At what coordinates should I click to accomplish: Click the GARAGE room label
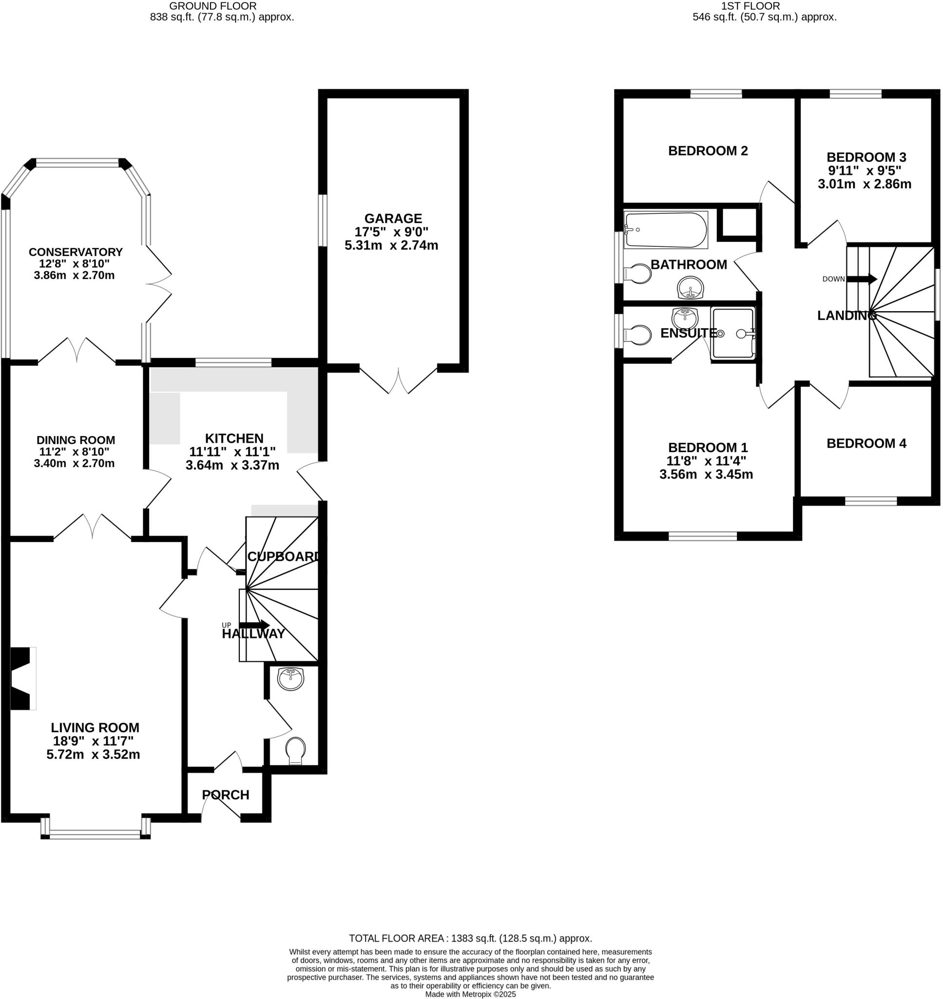pyautogui.click(x=393, y=219)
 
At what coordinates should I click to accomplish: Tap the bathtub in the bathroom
pyautogui.click(x=665, y=230)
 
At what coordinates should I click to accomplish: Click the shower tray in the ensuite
pyautogui.click(x=733, y=333)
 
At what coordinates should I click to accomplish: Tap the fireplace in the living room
pyautogui.click(x=23, y=678)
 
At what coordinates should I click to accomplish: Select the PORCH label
pyautogui.click(x=226, y=795)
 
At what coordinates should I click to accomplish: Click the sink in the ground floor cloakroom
pyautogui.click(x=290, y=679)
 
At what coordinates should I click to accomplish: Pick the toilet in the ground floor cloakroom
pyautogui.click(x=295, y=751)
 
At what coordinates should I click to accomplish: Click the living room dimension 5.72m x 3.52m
pyautogui.click(x=93, y=755)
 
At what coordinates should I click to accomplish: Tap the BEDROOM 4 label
pyautogui.click(x=866, y=443)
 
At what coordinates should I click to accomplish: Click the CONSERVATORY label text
pyautogui.click(x=76, y=252)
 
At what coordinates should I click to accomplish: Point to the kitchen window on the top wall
pyautogui.click(x=233, y=361)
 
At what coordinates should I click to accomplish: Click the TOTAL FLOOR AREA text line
pyautogui.click(x=470, y=938)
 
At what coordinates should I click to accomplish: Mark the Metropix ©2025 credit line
pyautogui.click(x=470, y=995)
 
